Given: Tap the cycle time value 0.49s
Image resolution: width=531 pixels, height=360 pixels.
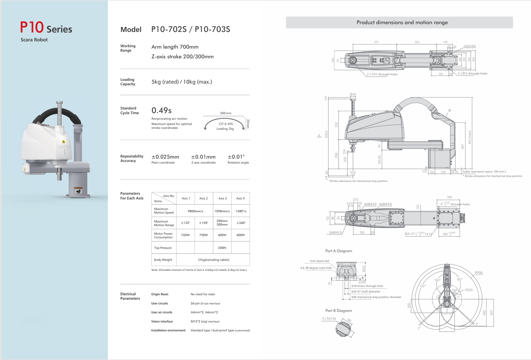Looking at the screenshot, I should tap(161, 111).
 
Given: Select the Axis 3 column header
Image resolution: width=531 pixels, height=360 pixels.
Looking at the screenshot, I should tap(222, 198).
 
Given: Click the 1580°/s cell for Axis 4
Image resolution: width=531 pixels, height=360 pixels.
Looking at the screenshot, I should tap(241, 211).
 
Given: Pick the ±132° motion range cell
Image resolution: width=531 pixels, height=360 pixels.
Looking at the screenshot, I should tap(185, 223).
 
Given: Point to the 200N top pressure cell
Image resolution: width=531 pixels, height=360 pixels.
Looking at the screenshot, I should tap(222, 248).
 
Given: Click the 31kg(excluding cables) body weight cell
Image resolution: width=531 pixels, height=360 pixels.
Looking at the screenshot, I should tap(213, 260).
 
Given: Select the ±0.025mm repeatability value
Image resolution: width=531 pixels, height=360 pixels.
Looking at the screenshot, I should tap(165, 157).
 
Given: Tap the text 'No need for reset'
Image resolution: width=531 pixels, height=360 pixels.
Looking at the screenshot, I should tap(203, 294).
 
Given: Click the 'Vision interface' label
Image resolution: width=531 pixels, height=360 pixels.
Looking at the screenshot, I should tap(162, 321).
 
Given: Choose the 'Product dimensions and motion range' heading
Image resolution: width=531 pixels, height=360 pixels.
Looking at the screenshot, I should tap(402, 22).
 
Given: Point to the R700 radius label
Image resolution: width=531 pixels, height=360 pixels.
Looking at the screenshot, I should tap(478, 273).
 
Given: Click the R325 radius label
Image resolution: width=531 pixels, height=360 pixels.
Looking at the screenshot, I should tap(469, 290).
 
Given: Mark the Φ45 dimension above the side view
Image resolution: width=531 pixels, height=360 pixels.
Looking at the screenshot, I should tap(353, 94).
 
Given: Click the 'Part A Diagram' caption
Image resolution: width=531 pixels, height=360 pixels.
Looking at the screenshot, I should tap(339, 251).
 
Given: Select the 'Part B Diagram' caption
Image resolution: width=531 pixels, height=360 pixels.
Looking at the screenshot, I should tap(339, 311).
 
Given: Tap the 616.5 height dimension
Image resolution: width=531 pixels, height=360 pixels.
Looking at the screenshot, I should tap(326, 134).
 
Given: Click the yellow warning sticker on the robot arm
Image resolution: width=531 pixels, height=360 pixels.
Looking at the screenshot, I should tap(63, 142).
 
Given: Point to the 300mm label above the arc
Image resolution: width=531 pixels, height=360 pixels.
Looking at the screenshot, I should tap(225, 113).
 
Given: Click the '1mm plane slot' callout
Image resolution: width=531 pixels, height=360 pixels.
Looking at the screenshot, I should tap(319, 261).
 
